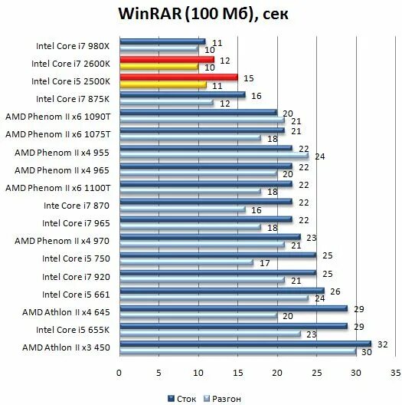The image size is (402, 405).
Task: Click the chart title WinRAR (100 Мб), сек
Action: (202, 15)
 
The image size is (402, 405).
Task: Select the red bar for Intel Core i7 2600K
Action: (166, 59)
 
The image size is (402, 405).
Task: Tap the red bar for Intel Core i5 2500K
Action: (178, 77)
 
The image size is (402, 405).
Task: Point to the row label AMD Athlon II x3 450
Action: (65, 347)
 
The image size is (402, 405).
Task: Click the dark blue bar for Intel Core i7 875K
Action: (181, 95)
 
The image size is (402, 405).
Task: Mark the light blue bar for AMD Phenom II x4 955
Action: (213, 155)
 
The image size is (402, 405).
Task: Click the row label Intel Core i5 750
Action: (77, 258)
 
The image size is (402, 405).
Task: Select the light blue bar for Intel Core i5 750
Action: (185, 262)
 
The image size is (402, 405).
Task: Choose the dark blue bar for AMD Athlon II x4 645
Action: (233, 308)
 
